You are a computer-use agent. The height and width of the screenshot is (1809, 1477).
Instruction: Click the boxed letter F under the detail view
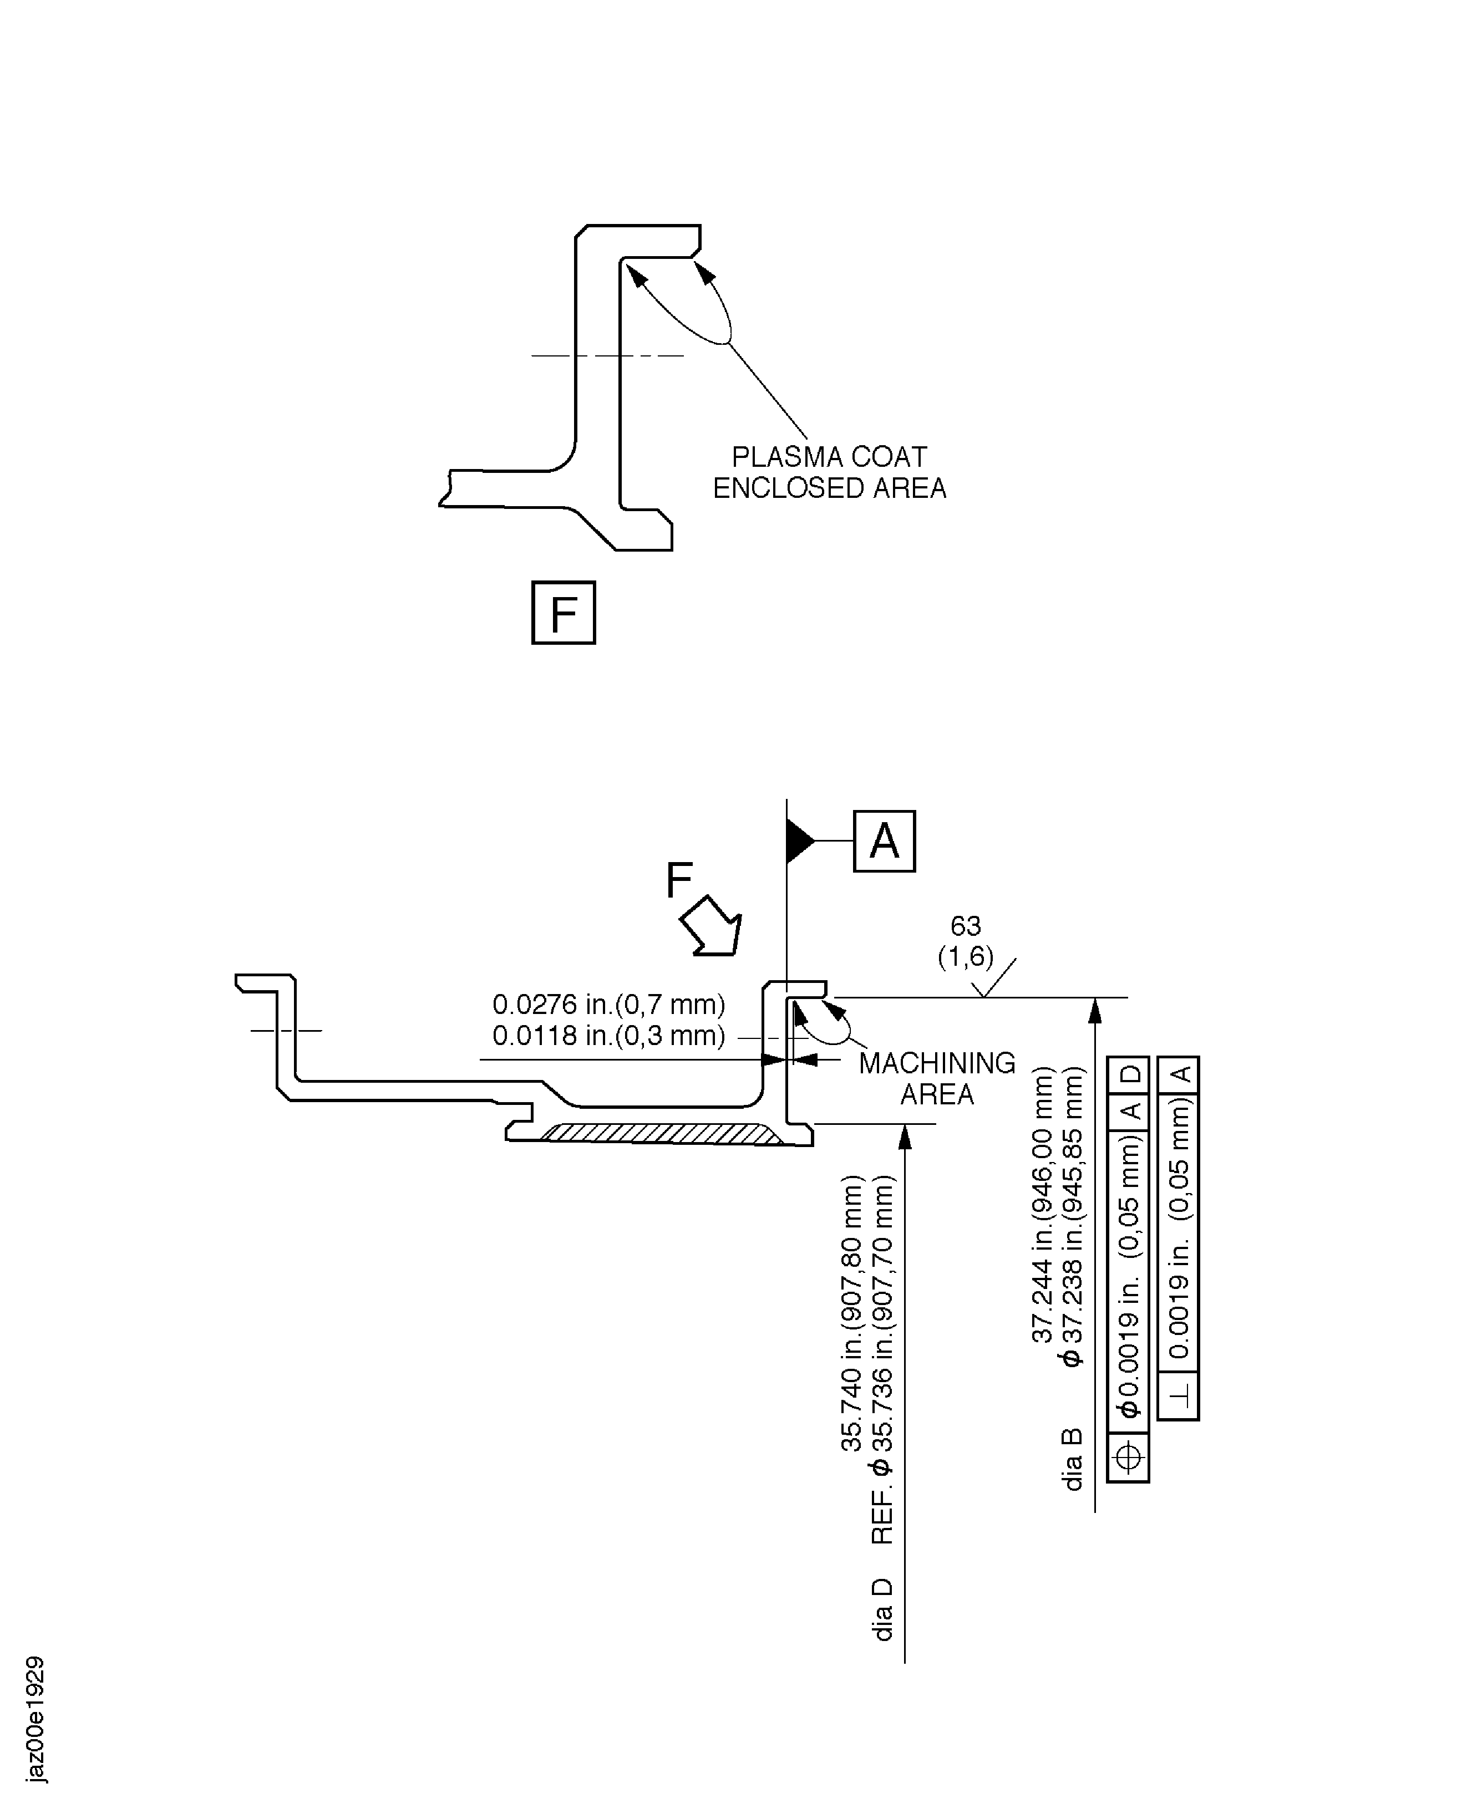click(563, 613)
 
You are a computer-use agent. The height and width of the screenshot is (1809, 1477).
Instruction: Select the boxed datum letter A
click(884, 841)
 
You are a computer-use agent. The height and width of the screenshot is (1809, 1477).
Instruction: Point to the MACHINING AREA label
click(937, 1078)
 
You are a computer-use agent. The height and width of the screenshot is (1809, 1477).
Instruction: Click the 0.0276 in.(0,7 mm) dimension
click(608, 1005)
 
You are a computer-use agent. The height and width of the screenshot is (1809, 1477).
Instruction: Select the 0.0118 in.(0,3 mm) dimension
click(608, 1036)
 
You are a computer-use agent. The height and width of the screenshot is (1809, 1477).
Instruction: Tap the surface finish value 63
click(966, 925)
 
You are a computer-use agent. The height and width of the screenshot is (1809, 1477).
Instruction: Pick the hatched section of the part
click(659, 1134)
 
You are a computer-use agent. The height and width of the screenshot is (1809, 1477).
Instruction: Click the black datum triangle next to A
click(798, 841)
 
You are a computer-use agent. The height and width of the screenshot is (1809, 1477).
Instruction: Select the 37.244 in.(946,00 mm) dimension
click(1043, 1204)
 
